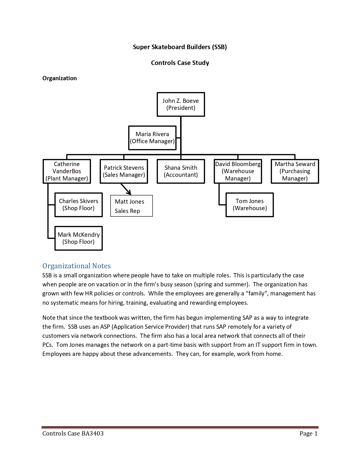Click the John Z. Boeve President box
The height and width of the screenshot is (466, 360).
coord(181,104)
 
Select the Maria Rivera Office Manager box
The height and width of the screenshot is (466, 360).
coord(152,138)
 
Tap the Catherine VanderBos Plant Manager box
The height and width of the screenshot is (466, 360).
coord(67,171)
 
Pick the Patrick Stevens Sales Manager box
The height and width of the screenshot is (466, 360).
coord(124,171)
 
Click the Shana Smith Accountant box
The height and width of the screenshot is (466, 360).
coord(181,171)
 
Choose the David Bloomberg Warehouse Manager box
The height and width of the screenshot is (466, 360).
coord(238,171)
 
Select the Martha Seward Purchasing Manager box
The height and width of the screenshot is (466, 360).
coord(295,171)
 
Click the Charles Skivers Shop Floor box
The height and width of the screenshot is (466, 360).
coord(78,205)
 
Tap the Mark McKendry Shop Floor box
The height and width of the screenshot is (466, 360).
coord(78,238)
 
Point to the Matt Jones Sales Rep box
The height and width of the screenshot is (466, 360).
coord(131,206)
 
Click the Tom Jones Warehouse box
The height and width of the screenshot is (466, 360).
coord(250,205)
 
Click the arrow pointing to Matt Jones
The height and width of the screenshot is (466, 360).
coord(126,189)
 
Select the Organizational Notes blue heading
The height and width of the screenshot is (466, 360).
coord(77,266)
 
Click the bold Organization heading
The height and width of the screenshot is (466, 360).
coord(60,78)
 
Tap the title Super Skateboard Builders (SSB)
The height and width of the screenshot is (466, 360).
coord(180,47)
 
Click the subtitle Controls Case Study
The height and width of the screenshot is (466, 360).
coord(180,63)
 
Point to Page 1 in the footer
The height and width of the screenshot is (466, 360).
coord(308,433)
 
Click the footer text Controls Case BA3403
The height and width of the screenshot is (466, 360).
coord(73,433)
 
